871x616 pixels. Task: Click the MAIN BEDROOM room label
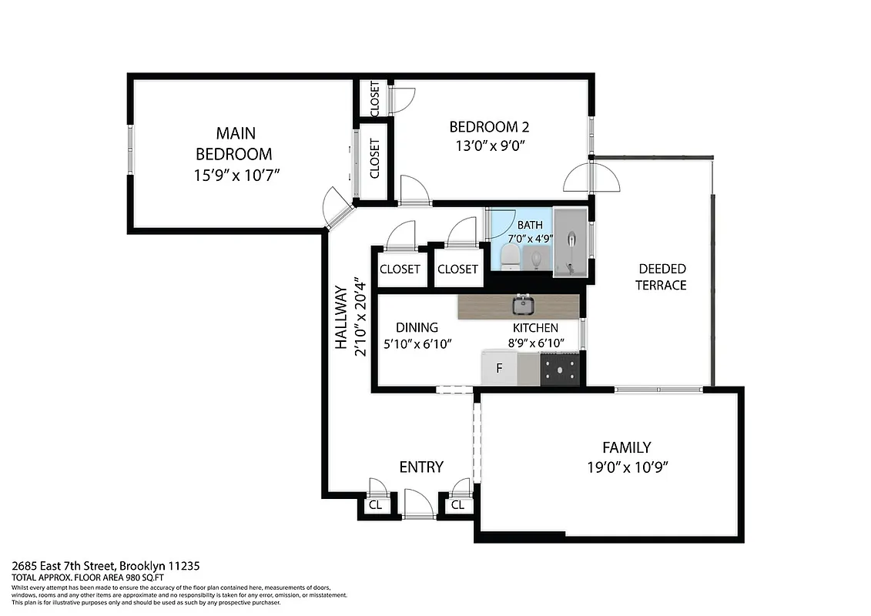pyautogui.click(x=234, y=142)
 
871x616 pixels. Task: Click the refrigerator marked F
pyautogui.click(x=499, y=368)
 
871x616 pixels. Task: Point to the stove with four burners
pyautogui.click(x=560, y=369)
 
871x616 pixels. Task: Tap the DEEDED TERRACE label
pyautogui.click(x=662, y=277)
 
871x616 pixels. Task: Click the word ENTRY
pyautogui.click(x=421, y=467)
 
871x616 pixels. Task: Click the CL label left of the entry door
pyautogui.click(x=375, y=505)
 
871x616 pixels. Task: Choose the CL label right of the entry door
pyautogui.click(x=457, y=505)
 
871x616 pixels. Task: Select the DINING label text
pyautogui.click(x=417, y=327)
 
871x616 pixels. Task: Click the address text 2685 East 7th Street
pyautogui.click(x=106, y=566)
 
